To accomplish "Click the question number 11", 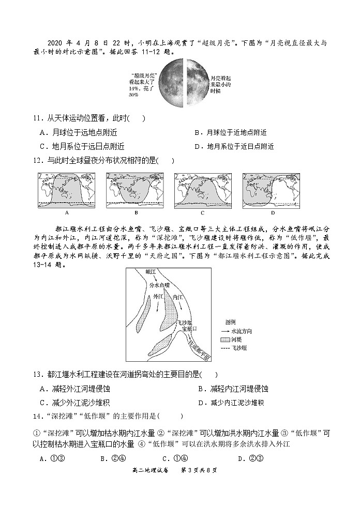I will pos(36,118).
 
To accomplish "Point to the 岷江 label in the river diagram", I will pos(151,272).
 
